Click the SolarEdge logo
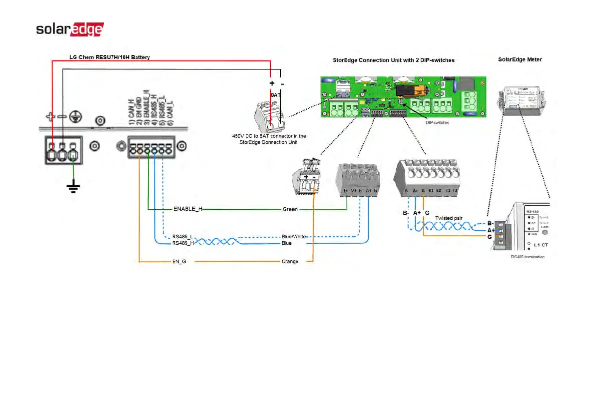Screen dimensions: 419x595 [x=70, y=29]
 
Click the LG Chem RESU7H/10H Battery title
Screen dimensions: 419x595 [x=109, y=57]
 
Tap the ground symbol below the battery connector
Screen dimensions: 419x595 [x=73, y=189]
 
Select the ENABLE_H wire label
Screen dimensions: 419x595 [x=188, y=209]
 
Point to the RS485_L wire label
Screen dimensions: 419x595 [x=182, y=237]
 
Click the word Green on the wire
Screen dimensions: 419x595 [x=290, y=209]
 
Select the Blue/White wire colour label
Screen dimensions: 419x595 [x=294, y=237]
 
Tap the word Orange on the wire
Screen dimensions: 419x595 [x=290, y=262]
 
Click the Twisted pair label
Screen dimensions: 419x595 [x=448, y=218]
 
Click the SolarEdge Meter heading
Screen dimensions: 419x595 [x=520, y=59]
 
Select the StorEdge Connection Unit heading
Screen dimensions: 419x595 [x=394, y=60]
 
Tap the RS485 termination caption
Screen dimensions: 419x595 [x=528, y=257]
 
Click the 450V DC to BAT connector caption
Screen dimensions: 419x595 [x=269, y=139]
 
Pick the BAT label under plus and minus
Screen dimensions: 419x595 [x=276, y=94]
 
